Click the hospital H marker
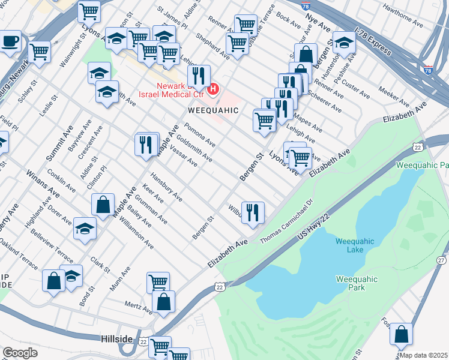tap(212, 91)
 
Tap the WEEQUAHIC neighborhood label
tap(214, 111)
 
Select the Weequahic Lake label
tap(355, 245)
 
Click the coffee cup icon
tap(9, 42)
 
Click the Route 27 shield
tap(441, 260)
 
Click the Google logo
tap(20, 353)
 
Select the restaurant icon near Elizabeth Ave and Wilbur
tap(253, 212)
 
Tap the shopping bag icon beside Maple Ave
tap(103, 204)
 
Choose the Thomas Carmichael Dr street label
tap(287, 221)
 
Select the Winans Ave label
tap(42, 184)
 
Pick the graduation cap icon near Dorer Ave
tap(85, 229)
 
